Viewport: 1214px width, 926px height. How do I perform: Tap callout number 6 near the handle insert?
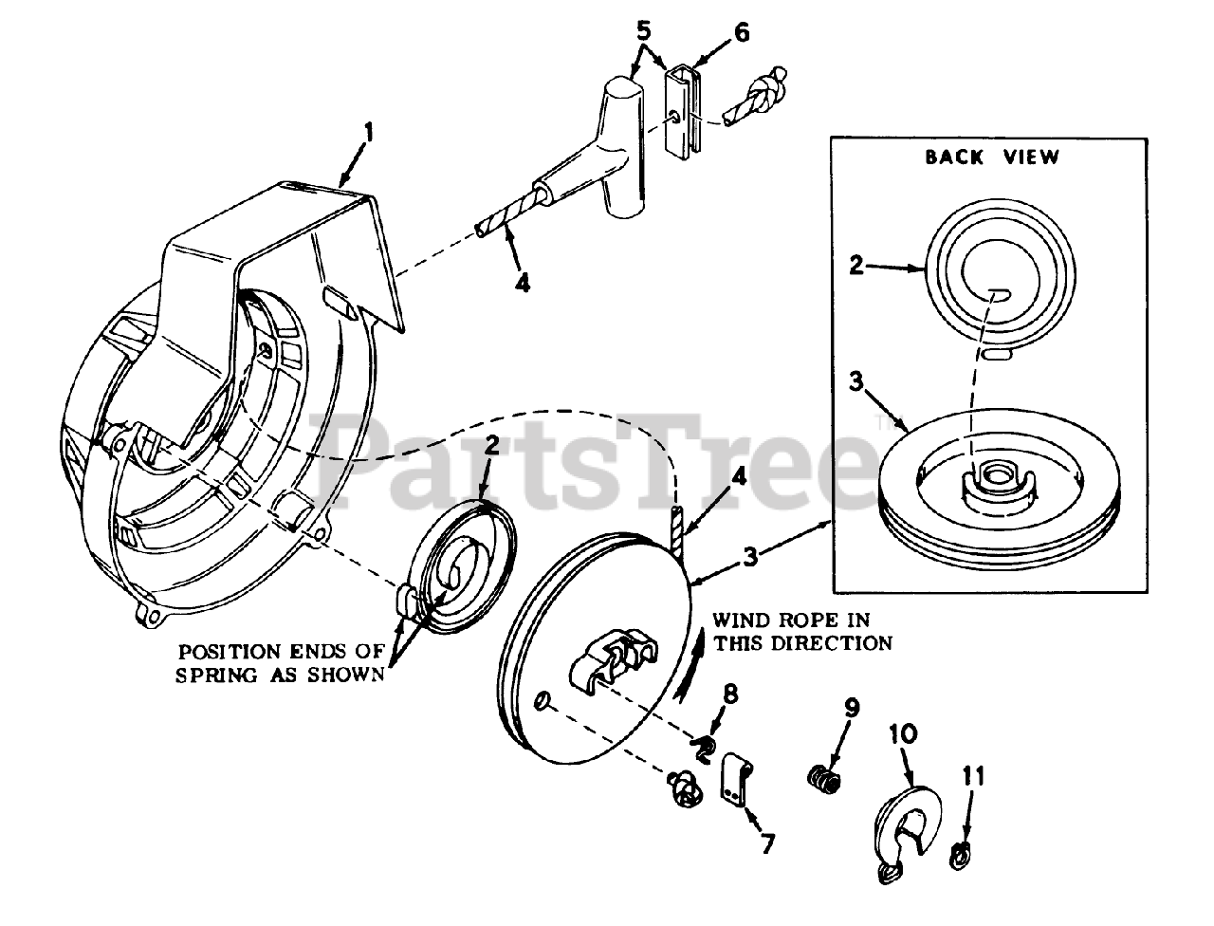point(741,32)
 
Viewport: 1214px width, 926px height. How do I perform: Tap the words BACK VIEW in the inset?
point(992,157)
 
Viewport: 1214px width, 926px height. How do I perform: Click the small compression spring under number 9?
point(826,782)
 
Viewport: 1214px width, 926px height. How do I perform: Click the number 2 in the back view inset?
point(855,266)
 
